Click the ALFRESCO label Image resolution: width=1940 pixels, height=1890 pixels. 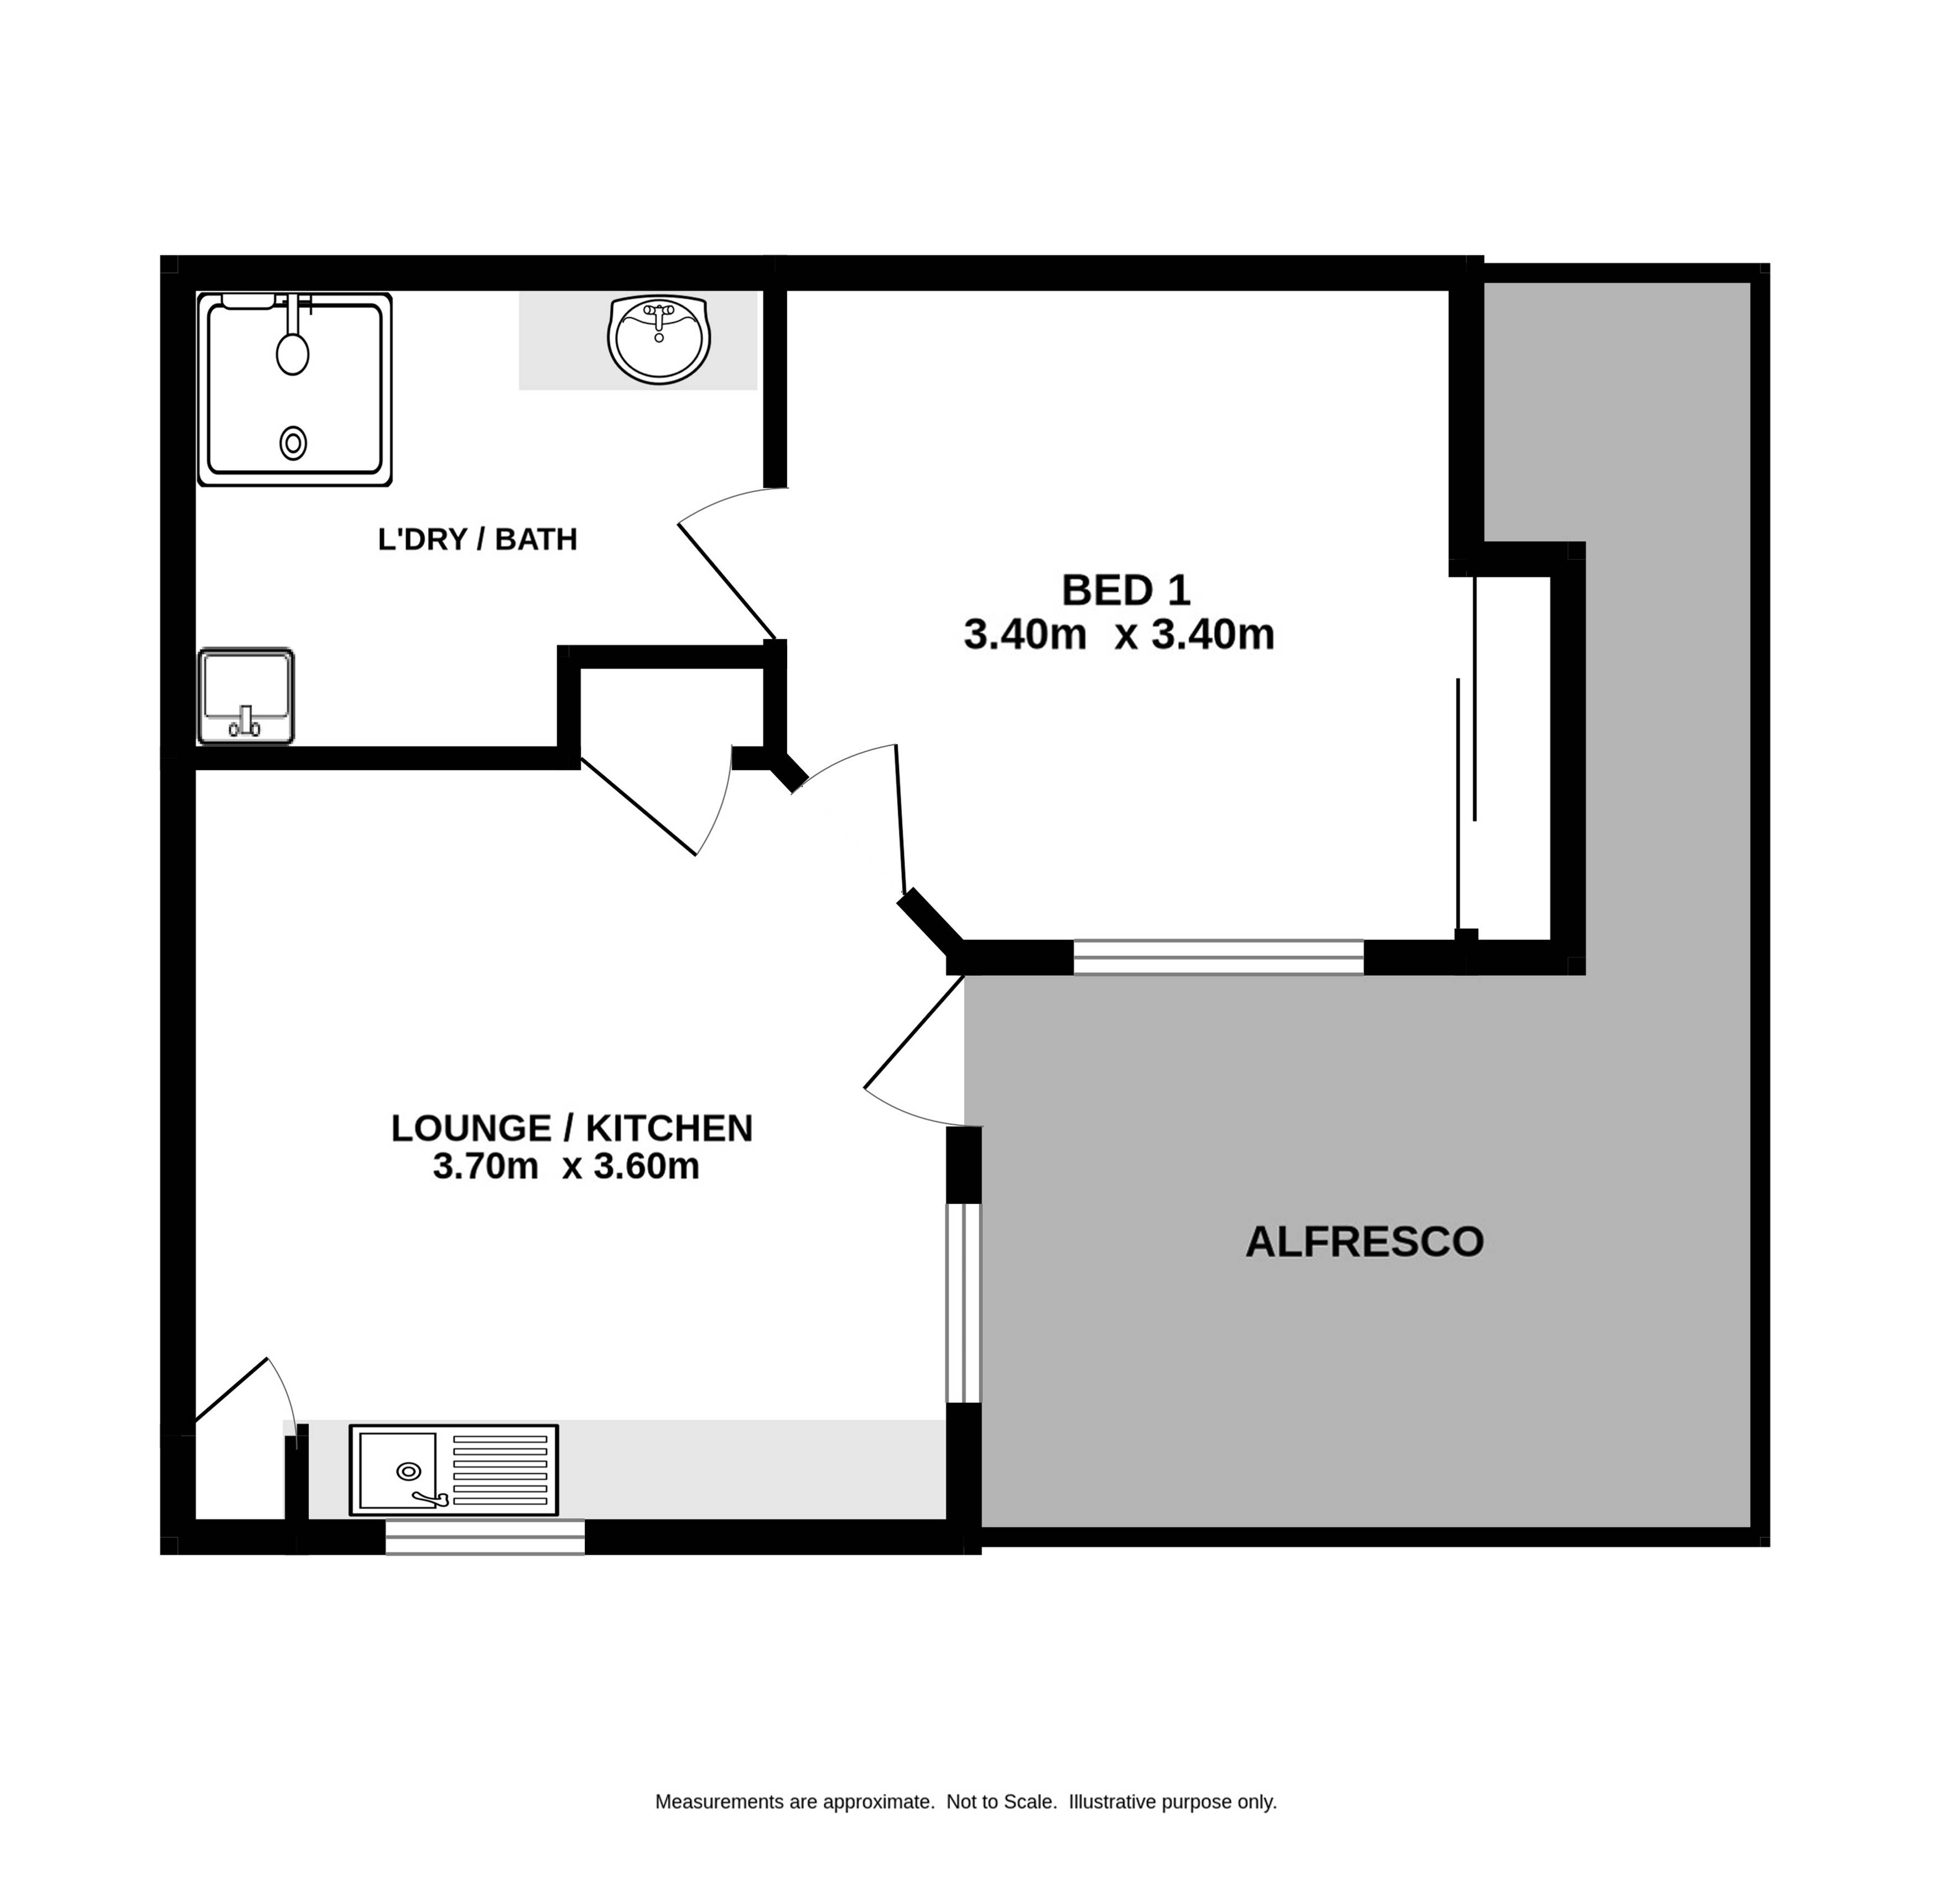tap(1365, 1242)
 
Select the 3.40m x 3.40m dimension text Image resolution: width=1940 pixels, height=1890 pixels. tap(1119, 634)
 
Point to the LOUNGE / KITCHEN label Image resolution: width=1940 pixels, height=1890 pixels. tap(571, 1128)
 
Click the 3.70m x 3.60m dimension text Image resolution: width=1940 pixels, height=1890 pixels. tap(566, 1166)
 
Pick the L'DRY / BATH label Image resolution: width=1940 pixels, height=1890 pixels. tap(477, 539)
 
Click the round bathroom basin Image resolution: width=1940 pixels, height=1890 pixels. tap(660, 339)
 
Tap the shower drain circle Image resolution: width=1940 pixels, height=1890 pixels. tap(293, 443)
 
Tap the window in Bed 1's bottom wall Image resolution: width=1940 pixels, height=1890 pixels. tap(1219, 957)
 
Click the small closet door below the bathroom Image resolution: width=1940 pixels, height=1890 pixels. tap(638, 806)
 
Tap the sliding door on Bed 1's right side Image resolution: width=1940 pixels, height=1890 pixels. tap(1466, 754)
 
